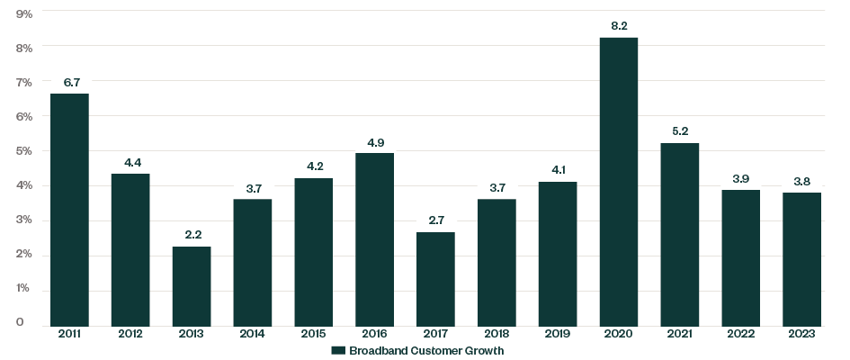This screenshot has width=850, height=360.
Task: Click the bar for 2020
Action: (x=619, y=180)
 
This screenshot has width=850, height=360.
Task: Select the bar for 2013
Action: (x=192, y=284)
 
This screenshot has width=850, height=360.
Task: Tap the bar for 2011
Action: (x=70, y=208)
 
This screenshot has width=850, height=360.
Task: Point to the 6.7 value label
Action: (x=70, y=83)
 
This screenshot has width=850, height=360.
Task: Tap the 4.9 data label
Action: (x=375, y=142)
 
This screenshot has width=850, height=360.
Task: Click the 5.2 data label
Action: (x=680, y=132)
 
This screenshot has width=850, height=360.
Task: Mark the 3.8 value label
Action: (x=801, y=182)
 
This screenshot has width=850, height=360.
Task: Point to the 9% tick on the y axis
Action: (x=23, y=13)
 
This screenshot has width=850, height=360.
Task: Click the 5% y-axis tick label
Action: (x=23, y=151)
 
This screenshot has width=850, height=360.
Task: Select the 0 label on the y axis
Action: (x=20, y=323)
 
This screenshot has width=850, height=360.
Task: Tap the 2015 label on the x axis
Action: (x=314, y=334)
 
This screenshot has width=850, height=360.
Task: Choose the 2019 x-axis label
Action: (x=558, y=334)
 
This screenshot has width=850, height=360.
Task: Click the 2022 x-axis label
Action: (x=740, y=334)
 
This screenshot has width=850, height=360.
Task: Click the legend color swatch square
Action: (x=338, y=350)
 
